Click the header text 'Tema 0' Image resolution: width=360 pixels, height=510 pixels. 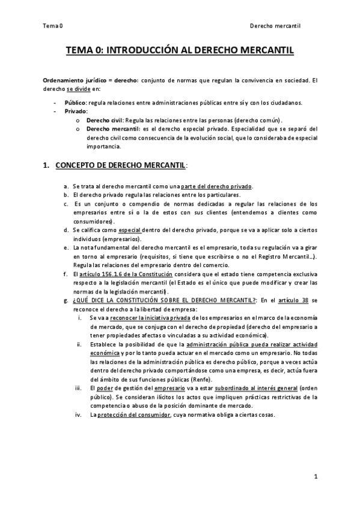pos(53,26)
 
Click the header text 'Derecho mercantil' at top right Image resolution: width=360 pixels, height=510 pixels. pos(275,26)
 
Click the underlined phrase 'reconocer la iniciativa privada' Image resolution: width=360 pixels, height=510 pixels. pos(147,318)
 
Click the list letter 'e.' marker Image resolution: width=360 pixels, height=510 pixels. pos(66,248)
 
